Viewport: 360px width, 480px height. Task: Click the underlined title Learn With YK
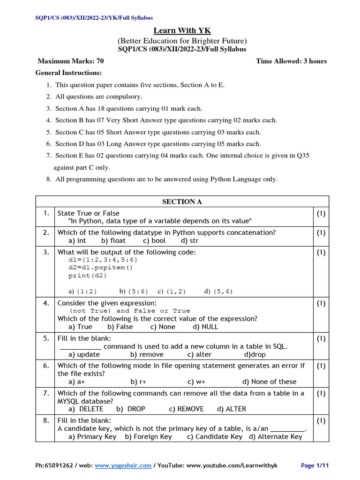(182, 31)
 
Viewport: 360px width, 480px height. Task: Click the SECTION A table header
(182, 202)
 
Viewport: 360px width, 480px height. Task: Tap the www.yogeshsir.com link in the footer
(123, 465)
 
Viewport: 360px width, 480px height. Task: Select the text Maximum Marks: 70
(71, 61)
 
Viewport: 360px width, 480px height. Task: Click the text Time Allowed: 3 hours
(291, 61)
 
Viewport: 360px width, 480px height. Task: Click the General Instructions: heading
(68, 73)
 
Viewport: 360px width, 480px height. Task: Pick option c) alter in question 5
(199, 355)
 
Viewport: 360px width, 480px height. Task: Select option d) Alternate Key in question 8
(275, 437)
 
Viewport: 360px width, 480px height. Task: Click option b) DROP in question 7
(131, 409)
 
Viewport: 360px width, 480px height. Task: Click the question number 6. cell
(46, 366)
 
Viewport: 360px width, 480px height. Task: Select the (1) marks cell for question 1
(321, 213)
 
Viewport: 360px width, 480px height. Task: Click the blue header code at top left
(94, 18)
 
